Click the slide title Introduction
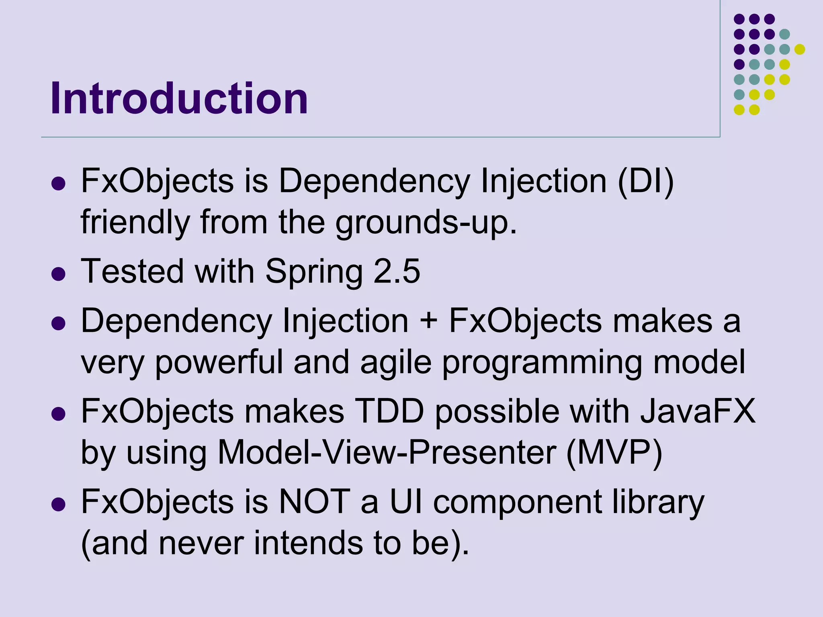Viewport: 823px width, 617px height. (x=179, y=98)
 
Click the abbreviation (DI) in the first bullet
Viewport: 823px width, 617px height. (x=645, y=181)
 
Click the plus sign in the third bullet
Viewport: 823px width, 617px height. (x=428, y=322)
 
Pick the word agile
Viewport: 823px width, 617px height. (x=395, y=362)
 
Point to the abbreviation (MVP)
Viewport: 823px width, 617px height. (x=614, y=453)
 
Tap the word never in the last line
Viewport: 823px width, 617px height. (x=201, y=543)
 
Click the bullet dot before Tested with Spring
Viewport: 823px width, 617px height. (x=59, y=274)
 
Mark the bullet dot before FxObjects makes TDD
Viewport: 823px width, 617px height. (x=59, y=414)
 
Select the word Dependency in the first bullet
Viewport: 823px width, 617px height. (x=374, y=181)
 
